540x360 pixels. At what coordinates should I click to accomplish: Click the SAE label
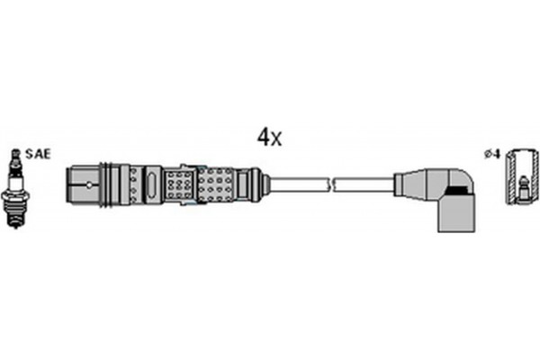(38, 154)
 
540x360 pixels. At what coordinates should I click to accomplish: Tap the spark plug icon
(14, 186)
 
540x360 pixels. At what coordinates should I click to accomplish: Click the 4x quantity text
(269, 137)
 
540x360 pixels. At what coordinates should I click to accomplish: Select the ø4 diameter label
(491, 155)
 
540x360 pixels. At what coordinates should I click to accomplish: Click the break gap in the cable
(332, 184)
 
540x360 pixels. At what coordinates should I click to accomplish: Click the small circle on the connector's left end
(89, 185)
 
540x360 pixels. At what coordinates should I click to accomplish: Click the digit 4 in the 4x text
(264, 137)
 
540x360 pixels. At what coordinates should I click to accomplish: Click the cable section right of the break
(364, 184)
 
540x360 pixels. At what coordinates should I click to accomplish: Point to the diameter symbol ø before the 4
(487, 155)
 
